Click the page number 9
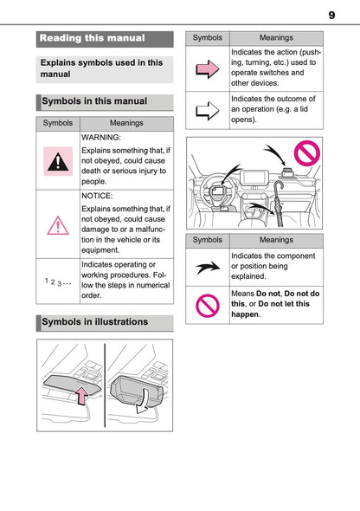331,15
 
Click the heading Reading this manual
93,38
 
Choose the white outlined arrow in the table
207,110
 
